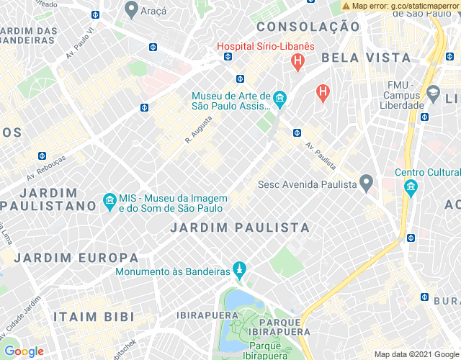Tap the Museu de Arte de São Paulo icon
tap(279, 98)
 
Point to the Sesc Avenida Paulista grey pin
tap(367, 184)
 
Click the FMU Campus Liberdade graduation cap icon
tap(433, 93)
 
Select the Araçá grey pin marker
tap(131, 9)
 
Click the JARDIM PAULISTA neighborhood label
tap(241, 228)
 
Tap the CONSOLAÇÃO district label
tap(308, 27)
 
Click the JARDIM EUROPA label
tap(76, 258)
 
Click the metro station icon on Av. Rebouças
tap(42, 155)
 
